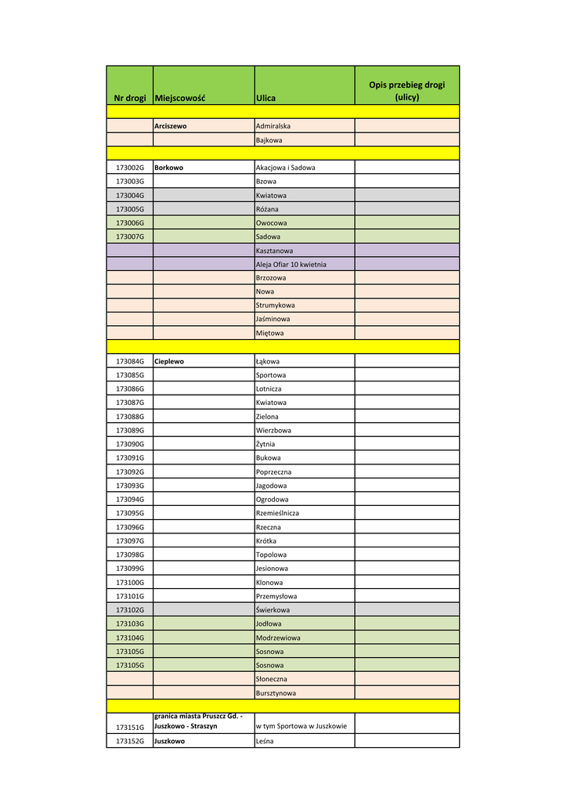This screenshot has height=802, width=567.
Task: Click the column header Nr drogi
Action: tap(130, 98)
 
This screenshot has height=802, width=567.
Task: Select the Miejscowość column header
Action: tap(179, 98)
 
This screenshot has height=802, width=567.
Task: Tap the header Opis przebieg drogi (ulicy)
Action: tap(406, 91)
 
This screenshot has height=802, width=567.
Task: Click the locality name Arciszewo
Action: tap(170, 125)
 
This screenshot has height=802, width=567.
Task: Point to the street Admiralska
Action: tap(273, 125)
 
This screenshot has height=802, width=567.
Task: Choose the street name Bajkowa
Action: tap(269, 140)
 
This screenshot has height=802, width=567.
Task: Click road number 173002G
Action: tap(130, 168)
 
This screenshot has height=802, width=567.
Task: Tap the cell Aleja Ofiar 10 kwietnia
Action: tap(291, 265)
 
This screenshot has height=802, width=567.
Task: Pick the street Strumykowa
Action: tap(275, 305)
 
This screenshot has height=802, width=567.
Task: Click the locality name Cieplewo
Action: tap(170, 362)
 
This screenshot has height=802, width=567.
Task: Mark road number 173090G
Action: tap(130, 444)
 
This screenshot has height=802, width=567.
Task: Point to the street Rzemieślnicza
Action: tap(277, 513)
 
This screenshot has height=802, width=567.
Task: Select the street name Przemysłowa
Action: tap(276, 596)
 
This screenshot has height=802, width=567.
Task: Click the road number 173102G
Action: tap(130, 609)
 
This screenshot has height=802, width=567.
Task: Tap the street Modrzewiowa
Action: tap(278, 638)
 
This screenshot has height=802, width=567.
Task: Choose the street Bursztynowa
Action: tap(276, 693)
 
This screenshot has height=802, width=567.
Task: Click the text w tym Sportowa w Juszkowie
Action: tap(301, 726)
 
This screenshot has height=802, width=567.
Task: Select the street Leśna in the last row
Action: tap(265, 741)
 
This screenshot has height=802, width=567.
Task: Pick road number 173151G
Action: tap(130, 727)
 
